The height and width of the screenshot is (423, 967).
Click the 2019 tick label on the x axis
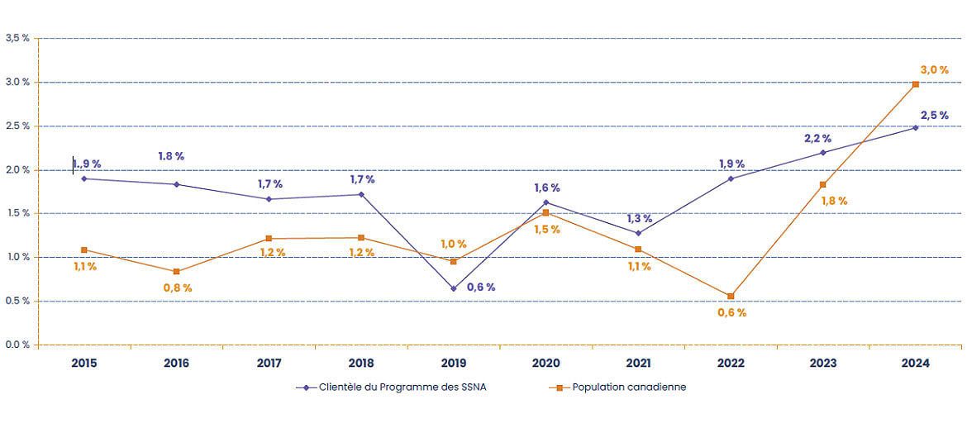[453, 364]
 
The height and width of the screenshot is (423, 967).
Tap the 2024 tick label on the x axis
[915, 364]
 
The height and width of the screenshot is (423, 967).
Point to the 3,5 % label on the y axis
[17, 38]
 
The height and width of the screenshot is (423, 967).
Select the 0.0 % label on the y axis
[17, 345]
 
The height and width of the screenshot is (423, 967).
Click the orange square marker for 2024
[915, 84]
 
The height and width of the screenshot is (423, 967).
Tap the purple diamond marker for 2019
[453, 288]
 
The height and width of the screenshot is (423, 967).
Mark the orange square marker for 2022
[731, 296]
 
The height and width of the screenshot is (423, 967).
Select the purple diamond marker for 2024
[915, 127]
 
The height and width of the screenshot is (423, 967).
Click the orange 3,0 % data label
[934, 70]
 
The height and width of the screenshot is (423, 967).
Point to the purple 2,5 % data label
[934, 115]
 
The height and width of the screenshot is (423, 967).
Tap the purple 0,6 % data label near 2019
[481, 288]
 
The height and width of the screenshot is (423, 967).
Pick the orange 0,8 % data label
[177, 288]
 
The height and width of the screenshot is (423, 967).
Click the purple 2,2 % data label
[817, 138]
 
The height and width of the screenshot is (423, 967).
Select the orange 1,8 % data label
[833, 200]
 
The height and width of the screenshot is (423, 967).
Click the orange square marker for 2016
[176, 272]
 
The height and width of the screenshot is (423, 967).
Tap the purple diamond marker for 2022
[731, 178]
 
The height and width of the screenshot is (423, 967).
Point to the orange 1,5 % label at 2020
[546, 229]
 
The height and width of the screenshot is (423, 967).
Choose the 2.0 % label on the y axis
[17, 169]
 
